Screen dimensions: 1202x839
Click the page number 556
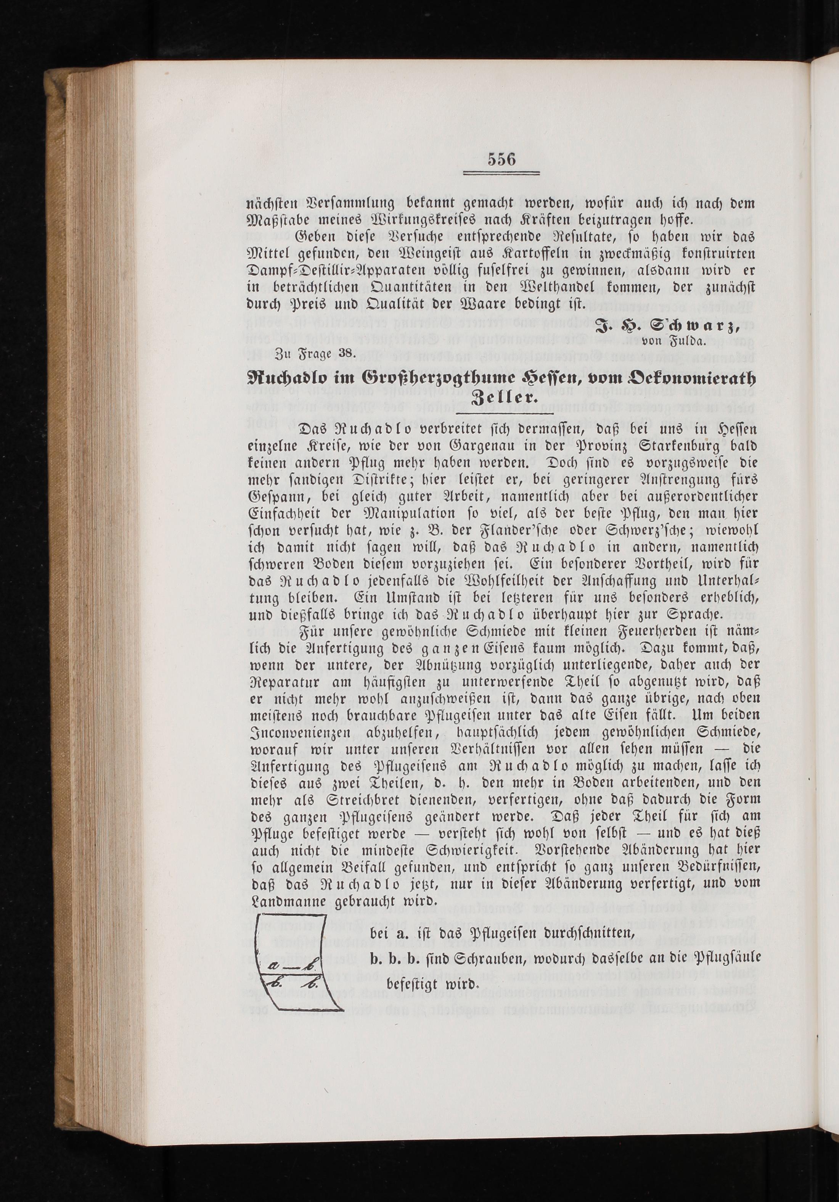(501, 158)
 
